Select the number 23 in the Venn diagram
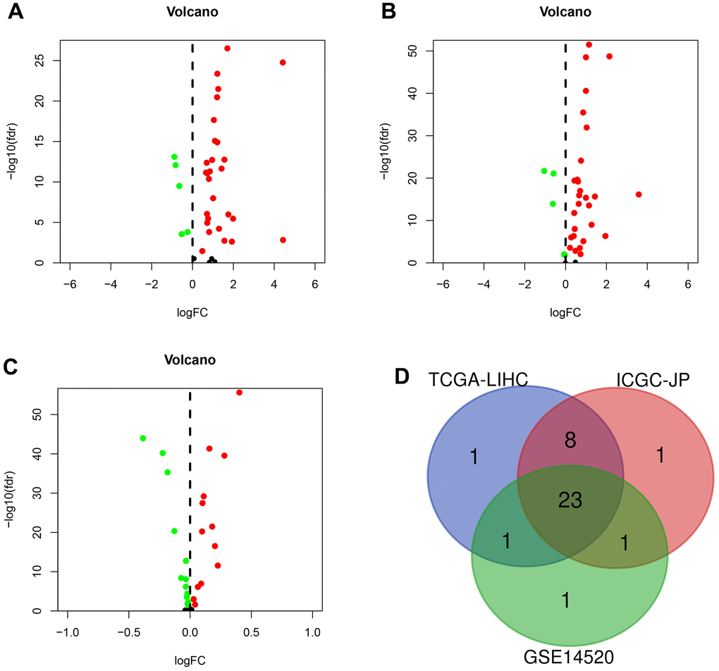click(x=570, y=500)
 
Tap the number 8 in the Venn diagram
click(x=570, y=441)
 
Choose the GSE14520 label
click(x=570, y=657)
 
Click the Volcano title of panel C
click(x=190, y=359)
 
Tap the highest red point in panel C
click(x=240, y=393)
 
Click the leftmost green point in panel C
click(x=143, y=438)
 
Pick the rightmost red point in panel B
click(x=639, y=195)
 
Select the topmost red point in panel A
click(x=227, y=48)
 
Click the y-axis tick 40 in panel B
click(x=411, y=93)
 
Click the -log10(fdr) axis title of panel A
click(x=15, y=152)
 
